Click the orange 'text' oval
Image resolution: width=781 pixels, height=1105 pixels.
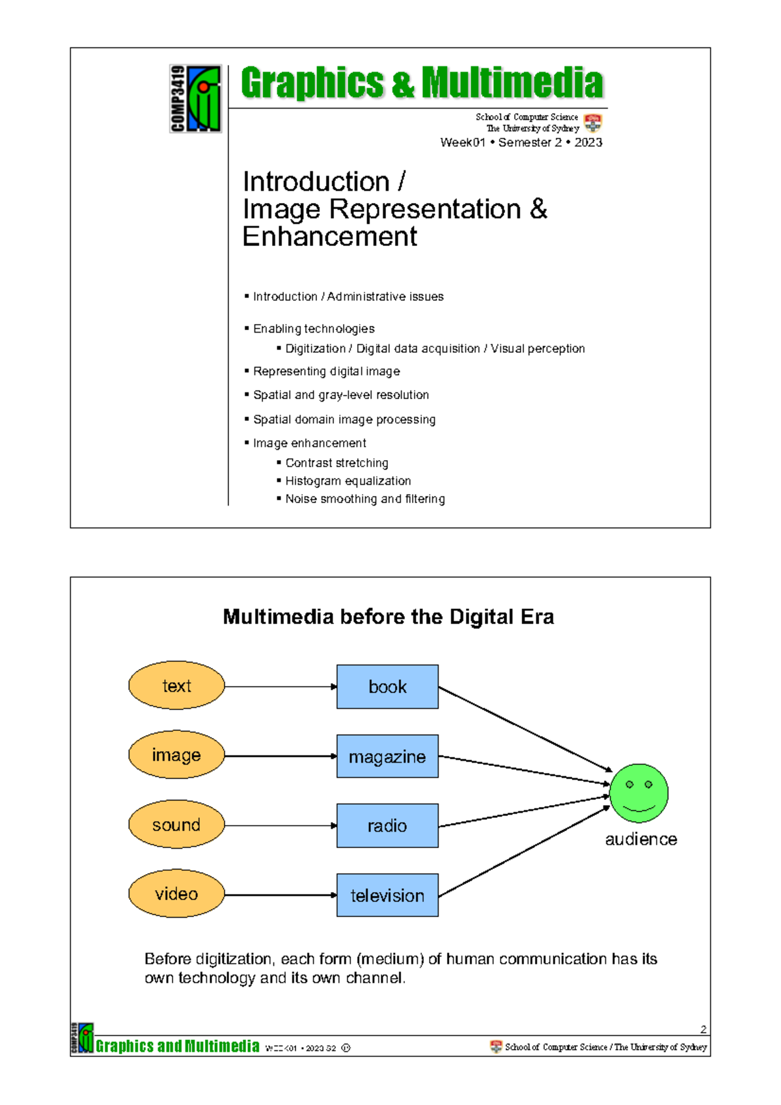pos(176,685)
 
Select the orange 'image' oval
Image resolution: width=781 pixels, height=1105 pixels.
pos(176,755)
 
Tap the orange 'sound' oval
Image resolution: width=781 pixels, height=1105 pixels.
pos(176,825)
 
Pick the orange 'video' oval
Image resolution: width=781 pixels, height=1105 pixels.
pos(176,894)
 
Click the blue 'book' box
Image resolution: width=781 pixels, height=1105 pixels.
pos(387,687)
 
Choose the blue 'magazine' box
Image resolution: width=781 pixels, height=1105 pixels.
pos(387,756)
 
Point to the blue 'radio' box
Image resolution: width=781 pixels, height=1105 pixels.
pos(387,825)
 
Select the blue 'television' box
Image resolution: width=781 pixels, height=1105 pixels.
pos(387,895)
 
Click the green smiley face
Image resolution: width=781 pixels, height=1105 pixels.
pos(639,793)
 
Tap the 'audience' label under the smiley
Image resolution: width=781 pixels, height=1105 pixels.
pos(640,839)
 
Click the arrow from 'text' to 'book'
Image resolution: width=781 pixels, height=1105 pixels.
pos(280,687)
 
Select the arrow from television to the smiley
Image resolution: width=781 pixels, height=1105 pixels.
pos(524,852)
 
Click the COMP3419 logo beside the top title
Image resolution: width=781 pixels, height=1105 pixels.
pos(195,98)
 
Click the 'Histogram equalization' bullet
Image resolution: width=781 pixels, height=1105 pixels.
pos(348,481)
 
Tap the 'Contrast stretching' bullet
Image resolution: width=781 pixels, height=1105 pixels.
pos(336,463)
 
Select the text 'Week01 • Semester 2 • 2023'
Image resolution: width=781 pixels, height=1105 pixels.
pos(521,143)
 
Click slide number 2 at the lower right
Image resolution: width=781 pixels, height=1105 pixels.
pos(703,1029)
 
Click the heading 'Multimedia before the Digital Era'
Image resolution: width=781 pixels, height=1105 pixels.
pos(388,617)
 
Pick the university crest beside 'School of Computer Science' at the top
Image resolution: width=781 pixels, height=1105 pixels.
pos(592,122)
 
